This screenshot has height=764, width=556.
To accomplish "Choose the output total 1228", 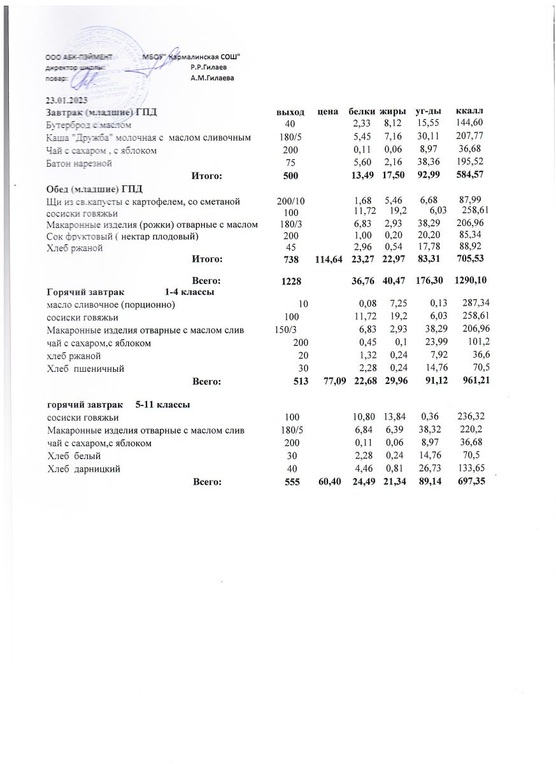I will click(x=290, y=281).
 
